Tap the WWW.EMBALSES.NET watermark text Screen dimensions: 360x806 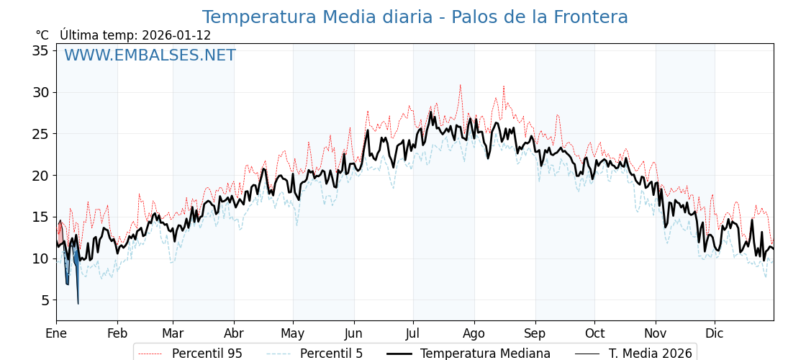[150, 55]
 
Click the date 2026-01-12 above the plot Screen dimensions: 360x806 [176, 35]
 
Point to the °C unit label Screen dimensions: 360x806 [42, 35]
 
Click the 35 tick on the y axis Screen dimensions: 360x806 [40, 50]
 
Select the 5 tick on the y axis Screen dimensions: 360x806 [45, 300]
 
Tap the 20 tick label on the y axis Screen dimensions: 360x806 [40, 175]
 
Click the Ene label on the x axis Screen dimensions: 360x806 [56, 333]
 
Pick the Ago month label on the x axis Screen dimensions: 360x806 [474, 333]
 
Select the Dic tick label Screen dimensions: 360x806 [715, 333]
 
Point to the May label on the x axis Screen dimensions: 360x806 [293, 333]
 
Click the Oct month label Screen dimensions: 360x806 [594, 333]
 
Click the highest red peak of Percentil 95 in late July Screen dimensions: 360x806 [461, 85]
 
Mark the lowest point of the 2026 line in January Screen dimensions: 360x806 [78, 303]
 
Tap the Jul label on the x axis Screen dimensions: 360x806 [413, 333]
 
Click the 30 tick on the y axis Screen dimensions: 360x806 [40, 92]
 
